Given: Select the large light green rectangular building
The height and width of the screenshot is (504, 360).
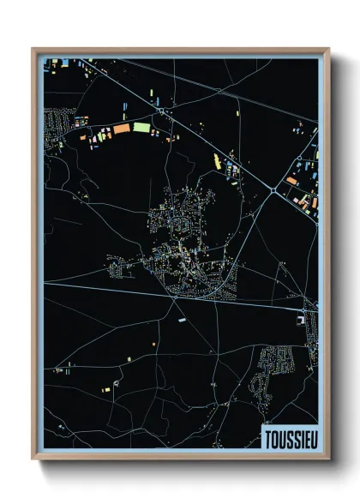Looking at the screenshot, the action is click(141, 128).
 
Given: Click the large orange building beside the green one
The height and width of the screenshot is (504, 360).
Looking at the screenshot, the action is click(121, 129).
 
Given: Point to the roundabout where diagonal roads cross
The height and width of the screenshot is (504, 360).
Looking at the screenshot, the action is click(273, 189).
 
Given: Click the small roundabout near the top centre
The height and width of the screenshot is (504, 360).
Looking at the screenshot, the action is click(160, 111).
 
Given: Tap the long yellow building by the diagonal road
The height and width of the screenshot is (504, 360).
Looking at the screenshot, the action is click(218, 159).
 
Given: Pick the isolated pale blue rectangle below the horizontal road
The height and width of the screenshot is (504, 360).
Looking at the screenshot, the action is click(182, 319).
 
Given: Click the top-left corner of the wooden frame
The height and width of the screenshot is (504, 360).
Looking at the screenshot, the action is click(33, 50).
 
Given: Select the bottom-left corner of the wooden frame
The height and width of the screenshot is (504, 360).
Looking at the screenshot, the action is click(33, 459).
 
